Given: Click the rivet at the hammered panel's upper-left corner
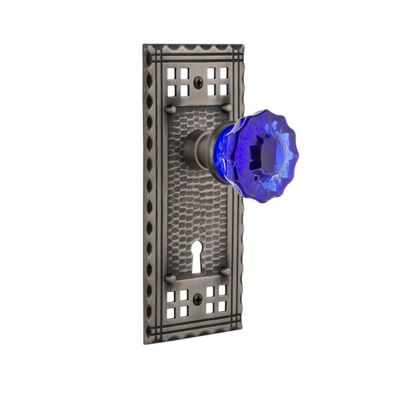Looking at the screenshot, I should click(x=171, y=110).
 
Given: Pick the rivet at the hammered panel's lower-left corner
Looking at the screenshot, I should click(x=170, y=279).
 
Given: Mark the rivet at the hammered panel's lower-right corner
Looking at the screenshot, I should click(x=225, y=271).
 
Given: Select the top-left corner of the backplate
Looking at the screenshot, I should click(x=144, y=45).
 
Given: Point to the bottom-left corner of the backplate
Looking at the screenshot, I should click(x=145, y=343).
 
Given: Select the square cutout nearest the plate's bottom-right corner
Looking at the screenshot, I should click(x=223, y=306).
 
